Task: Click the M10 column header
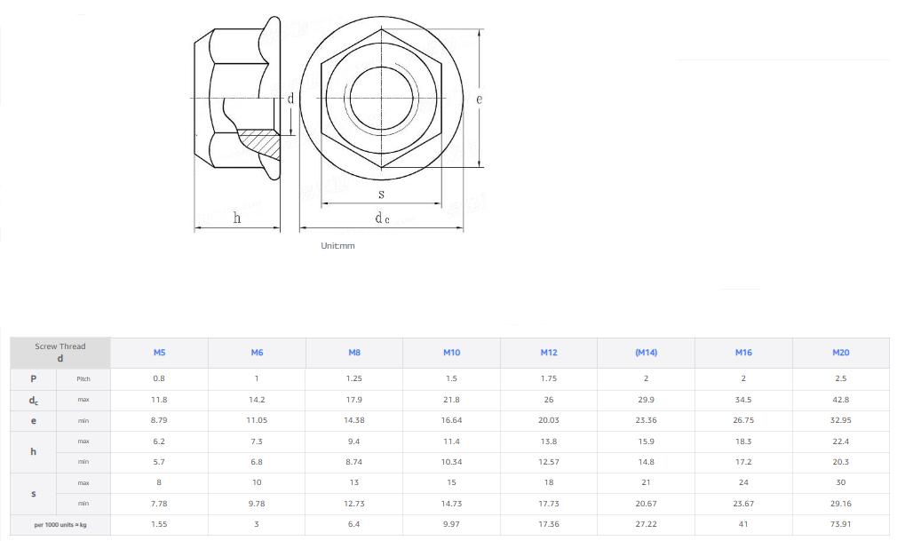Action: pos(451,353)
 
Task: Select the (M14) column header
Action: pos(646,353)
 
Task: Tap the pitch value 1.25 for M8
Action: pos(353,378)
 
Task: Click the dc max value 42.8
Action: pos(840,400)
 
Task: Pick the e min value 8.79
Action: pos(159,420)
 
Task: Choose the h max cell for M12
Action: pos(548,442)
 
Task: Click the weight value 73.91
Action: pos(840,524)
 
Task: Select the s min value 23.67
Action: pos(743,504)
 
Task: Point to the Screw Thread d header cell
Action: pos(60,353)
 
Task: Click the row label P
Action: pos(34,378)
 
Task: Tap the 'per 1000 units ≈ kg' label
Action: pos(60,525)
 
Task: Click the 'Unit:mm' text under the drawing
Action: pos(337,246)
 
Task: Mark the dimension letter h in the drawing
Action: pos(237,218)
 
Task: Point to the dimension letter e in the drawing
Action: pos(480,99)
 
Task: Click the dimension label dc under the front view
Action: pos(381,219)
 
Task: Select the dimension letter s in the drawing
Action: pos(381,194)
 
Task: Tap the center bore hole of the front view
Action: pos(381,97)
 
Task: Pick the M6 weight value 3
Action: pos(257,524)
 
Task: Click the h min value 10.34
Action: pos(451,462)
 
